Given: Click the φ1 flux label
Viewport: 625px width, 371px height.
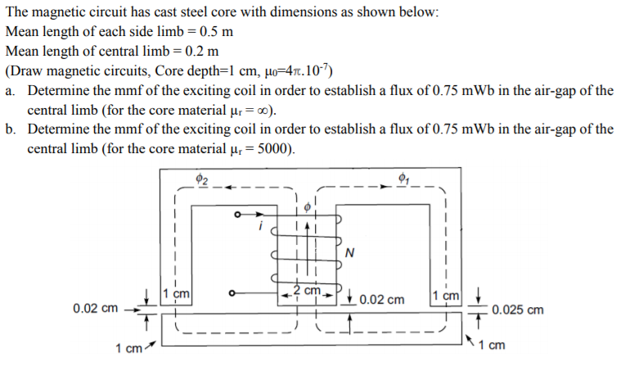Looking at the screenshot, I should [x=402, y=179].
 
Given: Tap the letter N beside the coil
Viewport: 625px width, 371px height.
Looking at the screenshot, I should [x=349, y=252].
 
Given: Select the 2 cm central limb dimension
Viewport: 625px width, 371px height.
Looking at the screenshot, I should [x=308, y=292].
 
